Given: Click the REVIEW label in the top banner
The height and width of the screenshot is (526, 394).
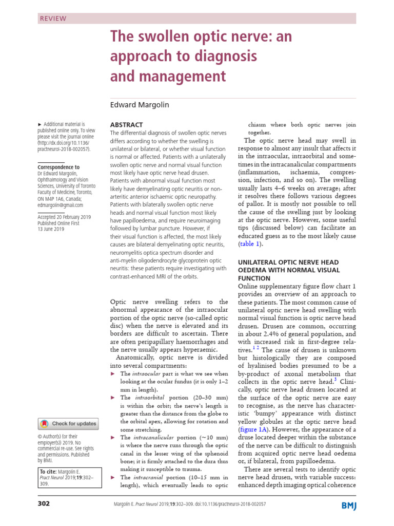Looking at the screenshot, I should click(53, 18).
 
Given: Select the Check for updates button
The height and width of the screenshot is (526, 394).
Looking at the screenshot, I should click(68, 424).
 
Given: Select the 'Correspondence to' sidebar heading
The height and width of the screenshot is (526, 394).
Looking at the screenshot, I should click(59, 167).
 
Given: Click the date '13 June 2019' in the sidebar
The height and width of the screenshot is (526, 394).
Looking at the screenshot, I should click(51, 230).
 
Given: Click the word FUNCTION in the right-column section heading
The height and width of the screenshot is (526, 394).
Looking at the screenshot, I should click(257, 279).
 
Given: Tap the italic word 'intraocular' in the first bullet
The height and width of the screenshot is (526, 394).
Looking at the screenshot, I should click(150, 373).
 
